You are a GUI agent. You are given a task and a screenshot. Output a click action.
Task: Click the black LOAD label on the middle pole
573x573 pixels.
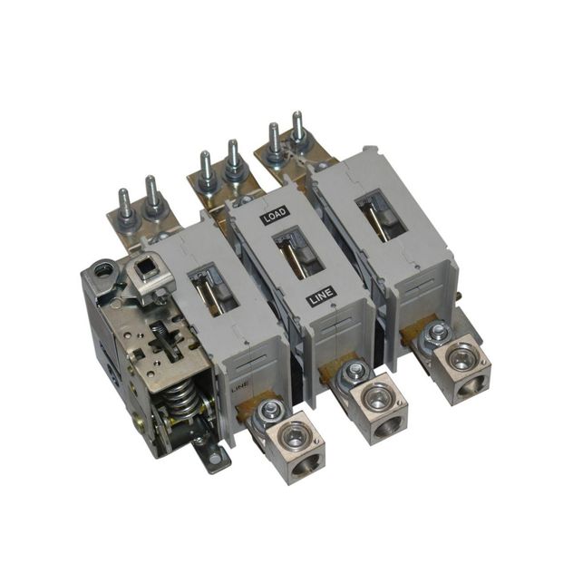pyautogui.click(x=274, y=219)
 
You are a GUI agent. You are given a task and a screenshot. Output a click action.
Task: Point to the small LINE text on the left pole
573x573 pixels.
pyautogui.click(x=238, y=387)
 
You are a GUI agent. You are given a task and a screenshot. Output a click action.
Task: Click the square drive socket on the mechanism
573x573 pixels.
pyautogui.click(x=146, y=270)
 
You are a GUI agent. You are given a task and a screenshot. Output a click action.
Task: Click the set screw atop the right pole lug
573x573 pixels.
pyautogui.click(x=437, y=334)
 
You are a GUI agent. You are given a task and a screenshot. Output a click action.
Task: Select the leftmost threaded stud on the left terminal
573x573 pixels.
pyautogui.click(x=125, y=204)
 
